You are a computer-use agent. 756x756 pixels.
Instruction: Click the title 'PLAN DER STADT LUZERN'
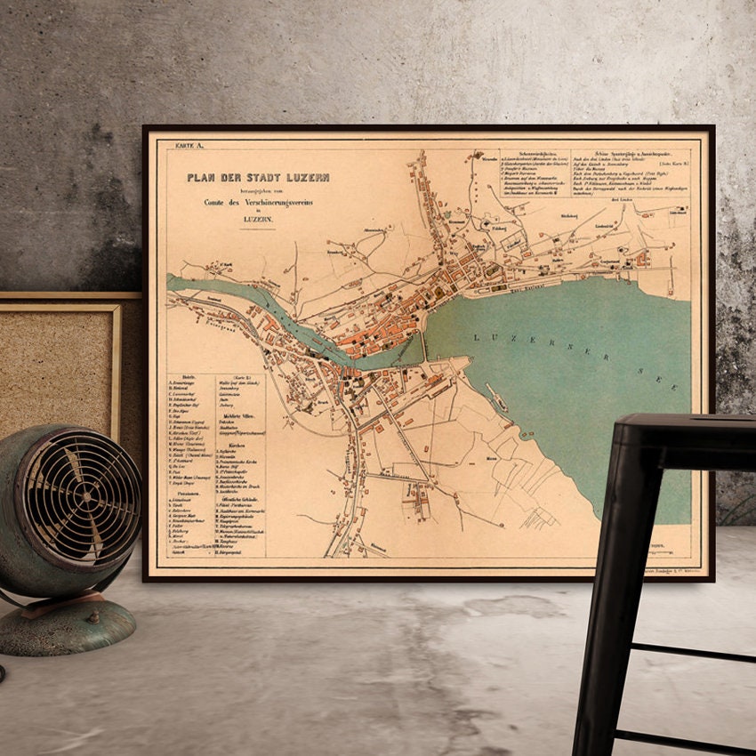click(x=258, y=178)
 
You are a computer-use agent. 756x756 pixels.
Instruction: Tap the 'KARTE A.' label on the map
click(x=189, y=144)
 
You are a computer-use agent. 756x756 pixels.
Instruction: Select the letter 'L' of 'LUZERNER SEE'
click(x=478, y=335)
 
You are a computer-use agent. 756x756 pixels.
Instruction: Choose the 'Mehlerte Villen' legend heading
click(x=236, y=414)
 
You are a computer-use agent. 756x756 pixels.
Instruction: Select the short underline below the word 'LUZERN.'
click(x=262, y=229)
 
